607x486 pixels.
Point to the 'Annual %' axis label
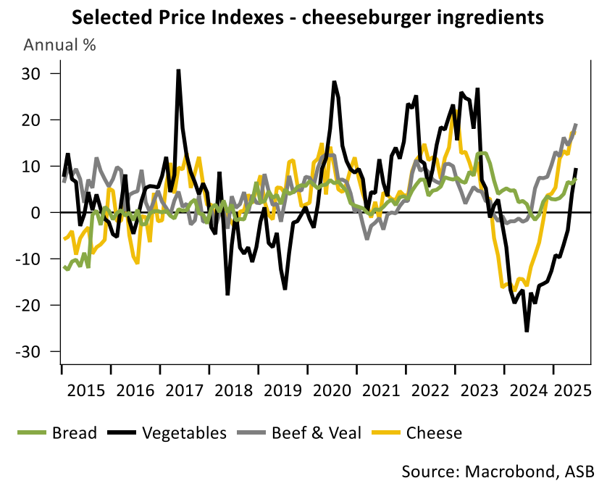(x=60, y=45)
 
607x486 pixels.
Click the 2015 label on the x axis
(x=85, y=390)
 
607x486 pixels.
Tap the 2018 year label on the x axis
(x=233, y=390)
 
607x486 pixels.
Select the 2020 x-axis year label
(x=332, y=390)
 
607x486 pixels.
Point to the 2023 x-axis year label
(x=480, y=390)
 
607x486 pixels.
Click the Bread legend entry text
(x=74, y=433)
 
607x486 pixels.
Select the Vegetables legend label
(x=184, y=433)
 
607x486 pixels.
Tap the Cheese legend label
(x=434, y=433)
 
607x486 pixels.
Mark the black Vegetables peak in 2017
(x=178, y=70)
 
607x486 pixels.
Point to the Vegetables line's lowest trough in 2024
(x=527, y=331)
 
